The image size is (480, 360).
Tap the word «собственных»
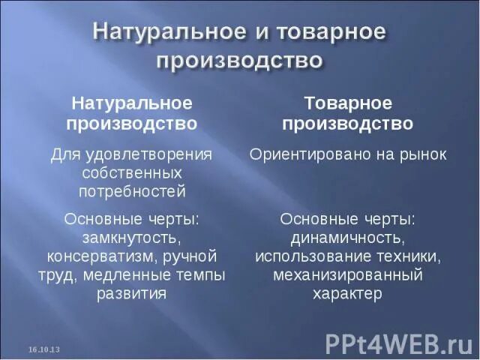click(x=131, y=173)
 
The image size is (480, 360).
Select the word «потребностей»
click(x=131, y=191)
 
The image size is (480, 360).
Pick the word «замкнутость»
click(x=131, y=238)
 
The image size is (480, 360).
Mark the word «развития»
click(x=131, y=293)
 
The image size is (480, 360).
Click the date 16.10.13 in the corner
click(x=44, y=350)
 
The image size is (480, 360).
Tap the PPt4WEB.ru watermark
click(x=397, y=343)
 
